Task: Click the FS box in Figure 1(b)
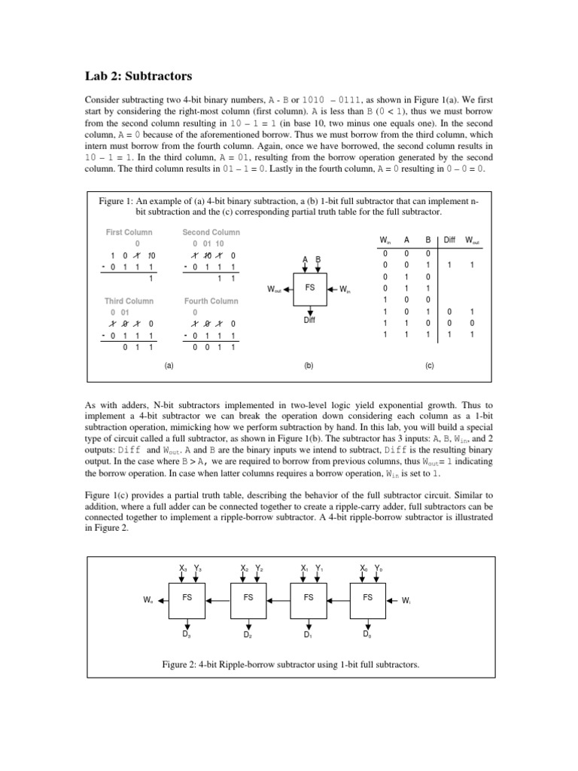click(x=309, y=288)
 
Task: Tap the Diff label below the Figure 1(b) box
click(x=309, y=319)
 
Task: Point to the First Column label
click(x=127, y=233)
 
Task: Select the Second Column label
click(x=211, y=233)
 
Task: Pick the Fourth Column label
click(x=211, y=301)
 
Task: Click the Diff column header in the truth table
click(x=449, y=240)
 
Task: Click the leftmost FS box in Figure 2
click(x=188, y=598)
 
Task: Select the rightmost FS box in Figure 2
click(x=367, y=598)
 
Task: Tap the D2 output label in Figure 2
click(x=247, y=635)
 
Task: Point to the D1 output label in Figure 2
click(x=308, y=635)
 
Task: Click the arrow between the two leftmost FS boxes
click(x=219, y=600)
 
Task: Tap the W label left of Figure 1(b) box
click(x=274, y=289)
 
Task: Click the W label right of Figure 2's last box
click(x=406, y=601)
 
